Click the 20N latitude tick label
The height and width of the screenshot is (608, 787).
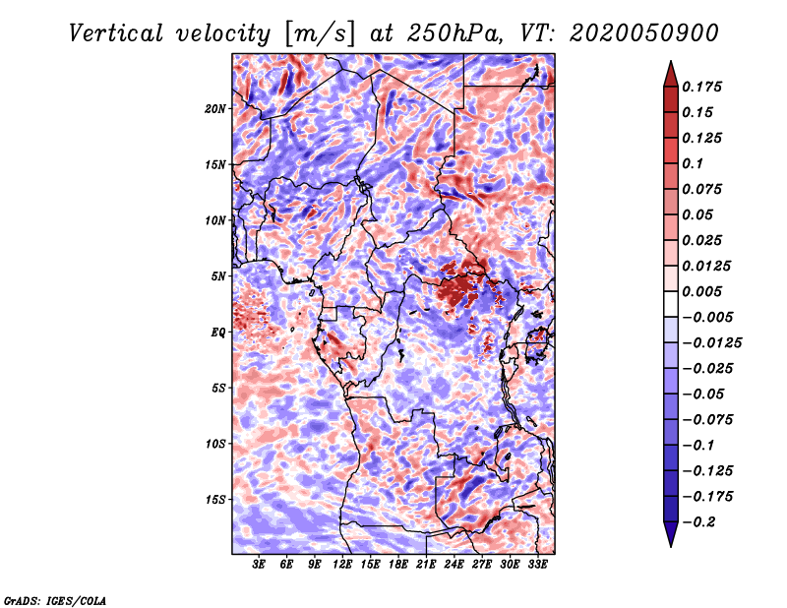pyautogui.click(x=215, y=109)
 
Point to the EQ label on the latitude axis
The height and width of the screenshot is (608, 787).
pyautogui.click(x=217, y=333)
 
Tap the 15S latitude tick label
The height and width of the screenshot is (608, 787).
pyautogui.click(x=215, y=500)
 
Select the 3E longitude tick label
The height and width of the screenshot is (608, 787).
pyautogui.click(x=259, y=565)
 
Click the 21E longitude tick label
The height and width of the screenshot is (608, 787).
pyautogui.click(x=426, y=565)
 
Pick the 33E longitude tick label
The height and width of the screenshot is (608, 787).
pyautogui.click(x=537, y=565)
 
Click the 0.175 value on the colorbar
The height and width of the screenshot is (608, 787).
pyautogui.click(x=701, y=87)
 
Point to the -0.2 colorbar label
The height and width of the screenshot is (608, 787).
pyautogui.click(x=698, y=522)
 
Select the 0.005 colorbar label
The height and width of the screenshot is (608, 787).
pyautogui.click(x=701, y=291)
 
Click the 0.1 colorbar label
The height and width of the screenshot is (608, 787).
pyautogui.click(x=693, y=163)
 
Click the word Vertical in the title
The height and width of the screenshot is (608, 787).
pyautogui.click(x=116, y=33)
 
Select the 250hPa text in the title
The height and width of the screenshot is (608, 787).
pyautogui.click(x=454, y=33)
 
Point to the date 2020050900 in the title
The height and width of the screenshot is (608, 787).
pyautogui.click(x=644, y=33)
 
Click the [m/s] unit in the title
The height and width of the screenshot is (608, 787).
pyautogui.click(x=320, y=34)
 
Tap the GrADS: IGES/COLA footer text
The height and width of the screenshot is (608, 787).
pyautogui.click(x=55, y=600)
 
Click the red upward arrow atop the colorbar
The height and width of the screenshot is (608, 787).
pyautogui.click(x=671, y=74)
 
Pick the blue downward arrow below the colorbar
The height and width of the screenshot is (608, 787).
pyautogui.click(x=671, y=534)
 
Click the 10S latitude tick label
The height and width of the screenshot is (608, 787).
pyautogui.click(x=215, y=444)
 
